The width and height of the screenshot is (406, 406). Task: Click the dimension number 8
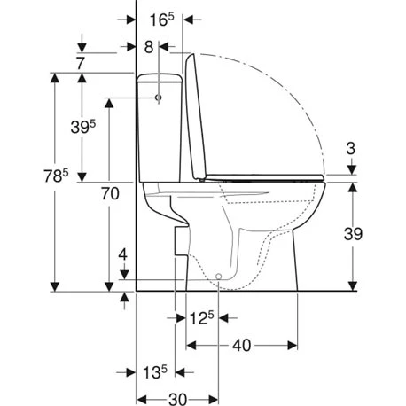point(148,45)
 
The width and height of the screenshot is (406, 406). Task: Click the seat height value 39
point(354,232)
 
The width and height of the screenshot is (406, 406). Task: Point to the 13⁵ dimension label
point(152,373)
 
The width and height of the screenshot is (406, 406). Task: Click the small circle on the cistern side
point(159,97)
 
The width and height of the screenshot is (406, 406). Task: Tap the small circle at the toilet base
point(219,277)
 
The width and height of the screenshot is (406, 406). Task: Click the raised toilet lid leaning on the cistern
point(198,115)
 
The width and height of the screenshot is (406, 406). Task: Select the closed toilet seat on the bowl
point(266,180)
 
